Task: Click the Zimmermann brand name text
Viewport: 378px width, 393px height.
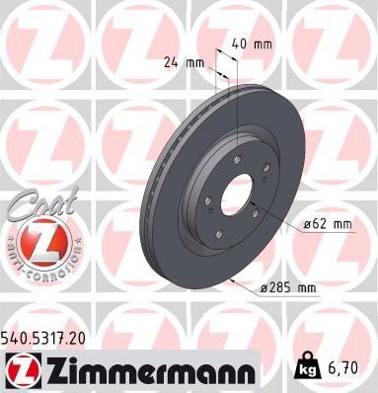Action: (x=157, y=369)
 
